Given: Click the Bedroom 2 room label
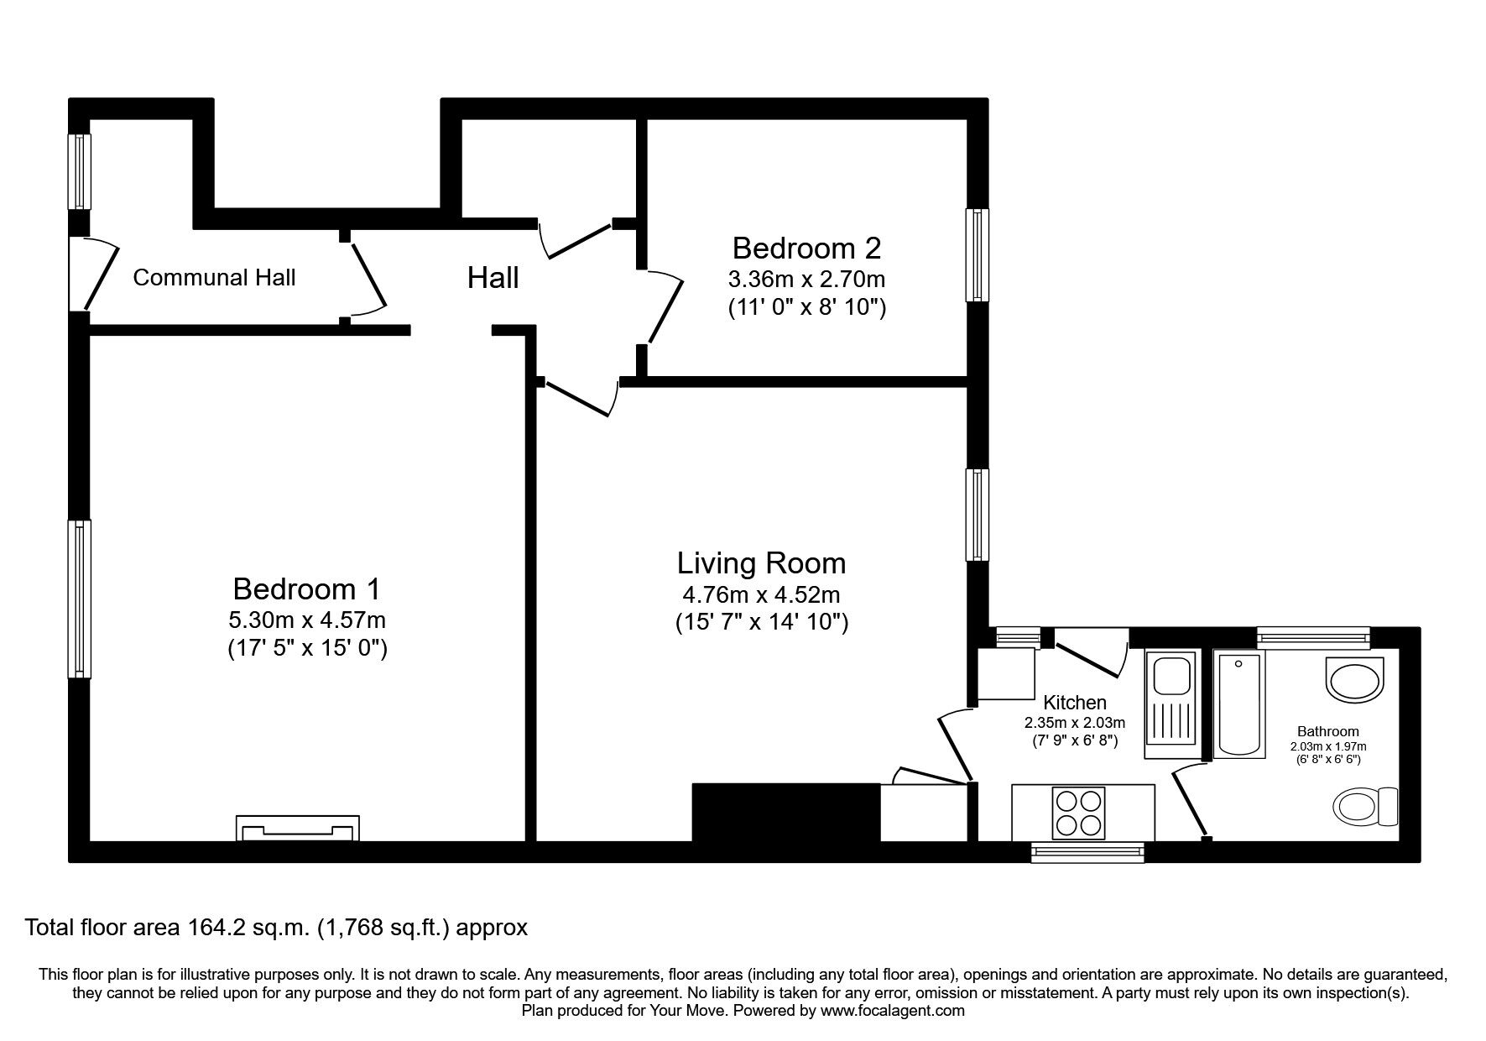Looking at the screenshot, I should [x=806, y=248].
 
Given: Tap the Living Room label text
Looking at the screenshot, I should [x=761, y=562].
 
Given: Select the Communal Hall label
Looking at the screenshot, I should [x=214, y=278].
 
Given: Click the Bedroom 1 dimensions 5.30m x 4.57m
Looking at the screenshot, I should [x=307, y=620].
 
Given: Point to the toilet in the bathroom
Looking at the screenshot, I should [x=1364, y=807].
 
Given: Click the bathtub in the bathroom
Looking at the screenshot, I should [x=1240, y=705].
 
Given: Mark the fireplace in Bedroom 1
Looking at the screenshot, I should [x=298, y=829].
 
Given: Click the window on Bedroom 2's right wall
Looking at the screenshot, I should [x=977, y=254].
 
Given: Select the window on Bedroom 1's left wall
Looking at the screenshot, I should [x=80, y=599].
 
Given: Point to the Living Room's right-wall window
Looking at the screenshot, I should [x=977, y=514].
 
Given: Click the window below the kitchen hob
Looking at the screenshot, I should [x=1087, y=853].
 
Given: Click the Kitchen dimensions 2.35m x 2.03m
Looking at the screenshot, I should [x=1074, y=722].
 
